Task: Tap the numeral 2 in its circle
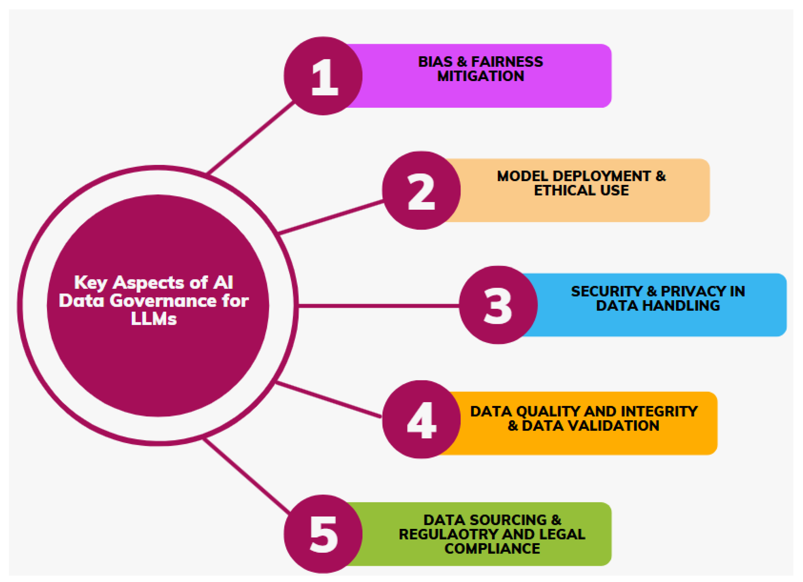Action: click(421, 191)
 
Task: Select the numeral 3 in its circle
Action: click(498, 306)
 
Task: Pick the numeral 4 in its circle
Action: click(421, 420)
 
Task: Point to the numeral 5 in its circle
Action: click(324, 534)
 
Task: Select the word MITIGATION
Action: click(480, 76)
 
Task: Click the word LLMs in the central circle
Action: click(154, 319)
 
